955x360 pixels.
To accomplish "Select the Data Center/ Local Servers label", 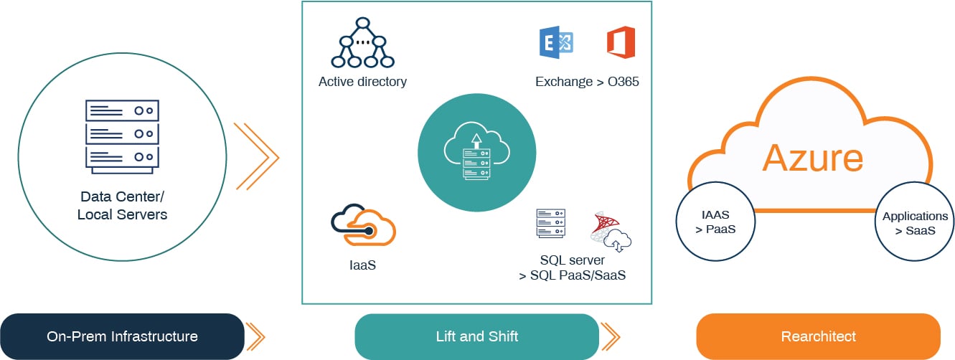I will coord(122,205).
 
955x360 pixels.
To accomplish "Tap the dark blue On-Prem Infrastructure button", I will coord(122,336).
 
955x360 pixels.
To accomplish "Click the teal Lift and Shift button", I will coord(476,336).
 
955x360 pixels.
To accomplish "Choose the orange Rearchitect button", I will coord(818,336).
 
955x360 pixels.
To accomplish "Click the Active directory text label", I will coord(362,82).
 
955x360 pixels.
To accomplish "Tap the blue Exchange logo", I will coord(555,42).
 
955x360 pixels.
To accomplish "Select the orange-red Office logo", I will coord(621,42).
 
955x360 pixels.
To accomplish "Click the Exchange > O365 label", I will coord(587,82).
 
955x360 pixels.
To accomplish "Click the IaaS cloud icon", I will coord(363,226).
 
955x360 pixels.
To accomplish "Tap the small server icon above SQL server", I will coord(550,224).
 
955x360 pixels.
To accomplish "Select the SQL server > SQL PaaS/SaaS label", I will coord(572,267).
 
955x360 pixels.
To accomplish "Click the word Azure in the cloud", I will coord(812,158).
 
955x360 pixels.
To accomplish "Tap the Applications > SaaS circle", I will coord(915,223).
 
